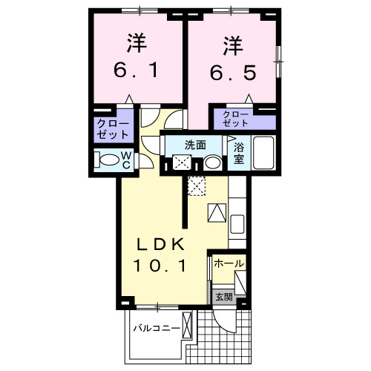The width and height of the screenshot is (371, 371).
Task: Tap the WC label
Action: point(126,160)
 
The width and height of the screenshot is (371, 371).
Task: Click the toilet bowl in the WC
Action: point(108,160)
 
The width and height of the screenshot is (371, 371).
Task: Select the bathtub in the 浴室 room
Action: point(264,154)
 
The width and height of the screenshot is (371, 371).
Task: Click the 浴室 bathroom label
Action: point(238,154)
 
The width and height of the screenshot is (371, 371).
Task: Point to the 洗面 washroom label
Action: point(195,145)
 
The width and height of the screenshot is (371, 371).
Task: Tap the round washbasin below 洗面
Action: point(212,162)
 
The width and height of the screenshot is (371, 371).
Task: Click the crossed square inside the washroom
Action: point(181,163)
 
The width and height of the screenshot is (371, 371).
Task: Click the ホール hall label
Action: point(229,263)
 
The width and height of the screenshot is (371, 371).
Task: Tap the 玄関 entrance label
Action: point(223,297)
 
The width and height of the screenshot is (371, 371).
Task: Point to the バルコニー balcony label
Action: point(157,327)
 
